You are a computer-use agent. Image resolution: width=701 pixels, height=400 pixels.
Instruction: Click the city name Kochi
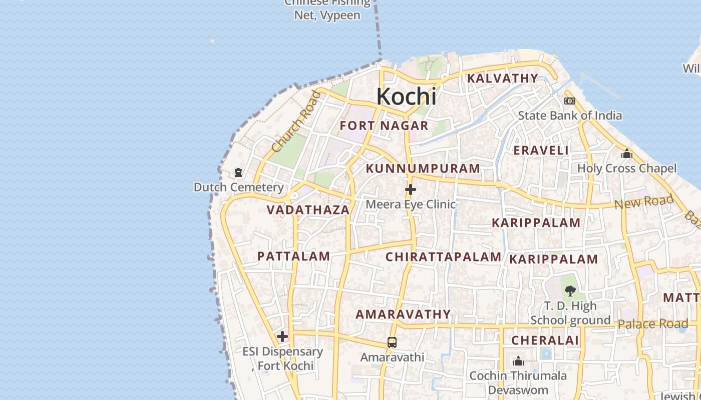406,96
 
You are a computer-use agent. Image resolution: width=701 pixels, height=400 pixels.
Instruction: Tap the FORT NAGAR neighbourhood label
384,125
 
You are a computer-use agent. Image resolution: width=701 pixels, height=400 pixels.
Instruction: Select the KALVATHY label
502,78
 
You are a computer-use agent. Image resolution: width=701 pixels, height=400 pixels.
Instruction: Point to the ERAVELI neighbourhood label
541,150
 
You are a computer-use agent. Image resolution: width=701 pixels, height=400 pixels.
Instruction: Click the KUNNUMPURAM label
423,168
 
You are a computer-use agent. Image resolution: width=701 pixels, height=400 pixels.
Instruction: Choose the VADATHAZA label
308,210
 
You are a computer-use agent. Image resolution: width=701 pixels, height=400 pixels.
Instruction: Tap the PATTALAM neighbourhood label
293,256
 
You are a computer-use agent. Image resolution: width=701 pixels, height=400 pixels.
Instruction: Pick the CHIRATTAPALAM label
443,257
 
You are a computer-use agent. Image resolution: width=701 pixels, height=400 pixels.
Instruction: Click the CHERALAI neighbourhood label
545,340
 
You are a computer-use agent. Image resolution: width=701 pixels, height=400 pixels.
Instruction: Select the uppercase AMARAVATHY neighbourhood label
403,314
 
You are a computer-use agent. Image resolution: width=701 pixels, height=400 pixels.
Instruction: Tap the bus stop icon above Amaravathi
392,342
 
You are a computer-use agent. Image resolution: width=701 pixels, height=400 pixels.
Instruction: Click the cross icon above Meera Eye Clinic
411,189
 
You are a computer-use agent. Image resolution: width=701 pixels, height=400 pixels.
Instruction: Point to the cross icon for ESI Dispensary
282,336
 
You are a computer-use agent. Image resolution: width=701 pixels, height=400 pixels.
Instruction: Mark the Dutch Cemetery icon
238,172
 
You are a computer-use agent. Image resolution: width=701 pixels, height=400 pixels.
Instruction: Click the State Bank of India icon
570,101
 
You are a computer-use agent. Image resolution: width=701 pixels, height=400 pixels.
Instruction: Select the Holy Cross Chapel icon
626,153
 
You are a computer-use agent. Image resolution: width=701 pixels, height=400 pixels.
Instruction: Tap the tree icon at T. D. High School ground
570,290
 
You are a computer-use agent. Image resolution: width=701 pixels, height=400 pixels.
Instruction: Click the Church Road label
295,122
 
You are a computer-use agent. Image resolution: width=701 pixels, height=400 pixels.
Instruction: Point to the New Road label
644,202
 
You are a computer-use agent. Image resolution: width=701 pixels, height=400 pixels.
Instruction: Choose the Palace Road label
652,324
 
